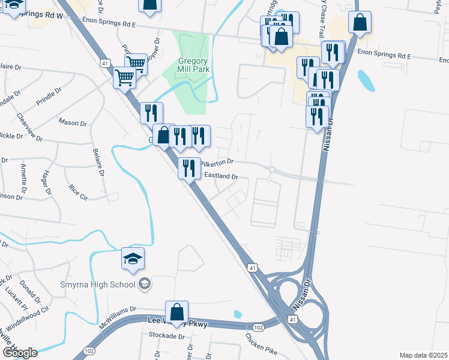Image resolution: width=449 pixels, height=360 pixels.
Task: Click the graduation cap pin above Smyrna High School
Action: [133, 259]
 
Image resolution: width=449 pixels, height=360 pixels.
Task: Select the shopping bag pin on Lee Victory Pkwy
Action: [176, 313]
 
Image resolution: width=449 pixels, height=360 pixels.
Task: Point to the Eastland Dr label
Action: [222, 176]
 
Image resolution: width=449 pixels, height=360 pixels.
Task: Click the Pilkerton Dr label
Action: [215, 162]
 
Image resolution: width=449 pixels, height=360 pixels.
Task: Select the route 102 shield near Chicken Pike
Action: [259, 327]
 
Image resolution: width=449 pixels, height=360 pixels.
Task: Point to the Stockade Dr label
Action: [166, 337]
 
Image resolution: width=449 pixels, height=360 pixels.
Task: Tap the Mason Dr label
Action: [73, 123]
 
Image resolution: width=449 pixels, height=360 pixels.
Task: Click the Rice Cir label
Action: [79, 191]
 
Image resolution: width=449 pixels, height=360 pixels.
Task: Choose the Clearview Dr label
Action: [29, 127]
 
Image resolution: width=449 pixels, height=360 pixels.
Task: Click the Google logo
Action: [20, 352]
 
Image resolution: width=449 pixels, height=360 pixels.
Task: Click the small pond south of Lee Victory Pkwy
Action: [238, 314]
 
